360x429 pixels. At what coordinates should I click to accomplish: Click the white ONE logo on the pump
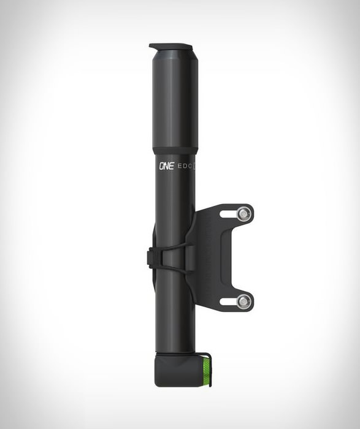click(166, 166)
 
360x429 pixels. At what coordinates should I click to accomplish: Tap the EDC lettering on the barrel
click(185, 166)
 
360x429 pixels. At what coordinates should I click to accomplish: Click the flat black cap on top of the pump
click(171, 47)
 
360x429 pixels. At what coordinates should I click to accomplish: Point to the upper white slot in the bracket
click(229, 214)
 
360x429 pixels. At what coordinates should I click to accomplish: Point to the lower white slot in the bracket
click(229, 302)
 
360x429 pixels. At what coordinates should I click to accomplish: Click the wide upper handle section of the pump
click(175, 99)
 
